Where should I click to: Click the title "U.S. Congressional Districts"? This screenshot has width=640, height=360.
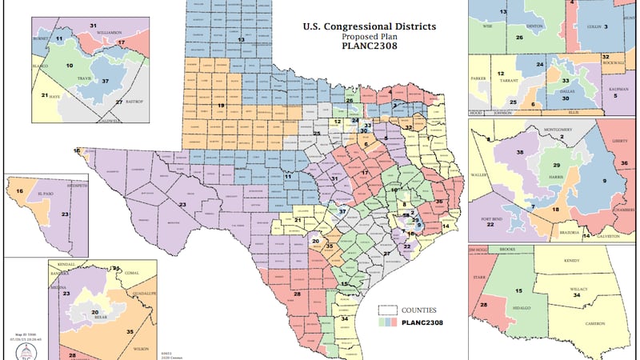(x=370, y=26)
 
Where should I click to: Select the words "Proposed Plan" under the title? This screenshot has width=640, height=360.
(x=370, y=38)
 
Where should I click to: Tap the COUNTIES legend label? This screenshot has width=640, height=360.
(x=421, y=309)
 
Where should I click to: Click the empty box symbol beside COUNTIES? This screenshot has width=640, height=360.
(x=389, y=309)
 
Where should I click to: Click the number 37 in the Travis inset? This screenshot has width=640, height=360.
(x=105, y=81)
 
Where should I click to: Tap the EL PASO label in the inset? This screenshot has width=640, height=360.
(x=44, y=194)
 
